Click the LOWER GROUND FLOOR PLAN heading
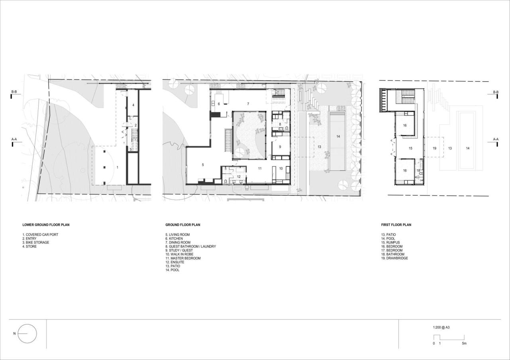click(x=46, y=225)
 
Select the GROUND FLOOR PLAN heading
click(x=183, y=225)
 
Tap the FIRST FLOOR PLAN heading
click(x=396, y=225)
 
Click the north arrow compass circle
click(x=27, y=334)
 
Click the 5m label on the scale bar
click(x=464, y=343)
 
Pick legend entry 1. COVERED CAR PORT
click(x=40, y=235)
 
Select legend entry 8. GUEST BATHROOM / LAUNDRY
click(x=190, y=247)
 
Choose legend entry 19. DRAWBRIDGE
click(x=394, y=258)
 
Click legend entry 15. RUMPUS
click(x=390, y=243)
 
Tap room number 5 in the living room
click(x=203, y=164)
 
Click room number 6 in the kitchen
click(x=219, y=104)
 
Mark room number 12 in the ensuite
click(x=238, y=176)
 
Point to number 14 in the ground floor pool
click(x=338, y=137)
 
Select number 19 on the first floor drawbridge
click(x=434, y=148)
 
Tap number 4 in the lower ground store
click(x=133, y=105)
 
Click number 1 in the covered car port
click(x=117, y=168)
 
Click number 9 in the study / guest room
click(x=280, y=147)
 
